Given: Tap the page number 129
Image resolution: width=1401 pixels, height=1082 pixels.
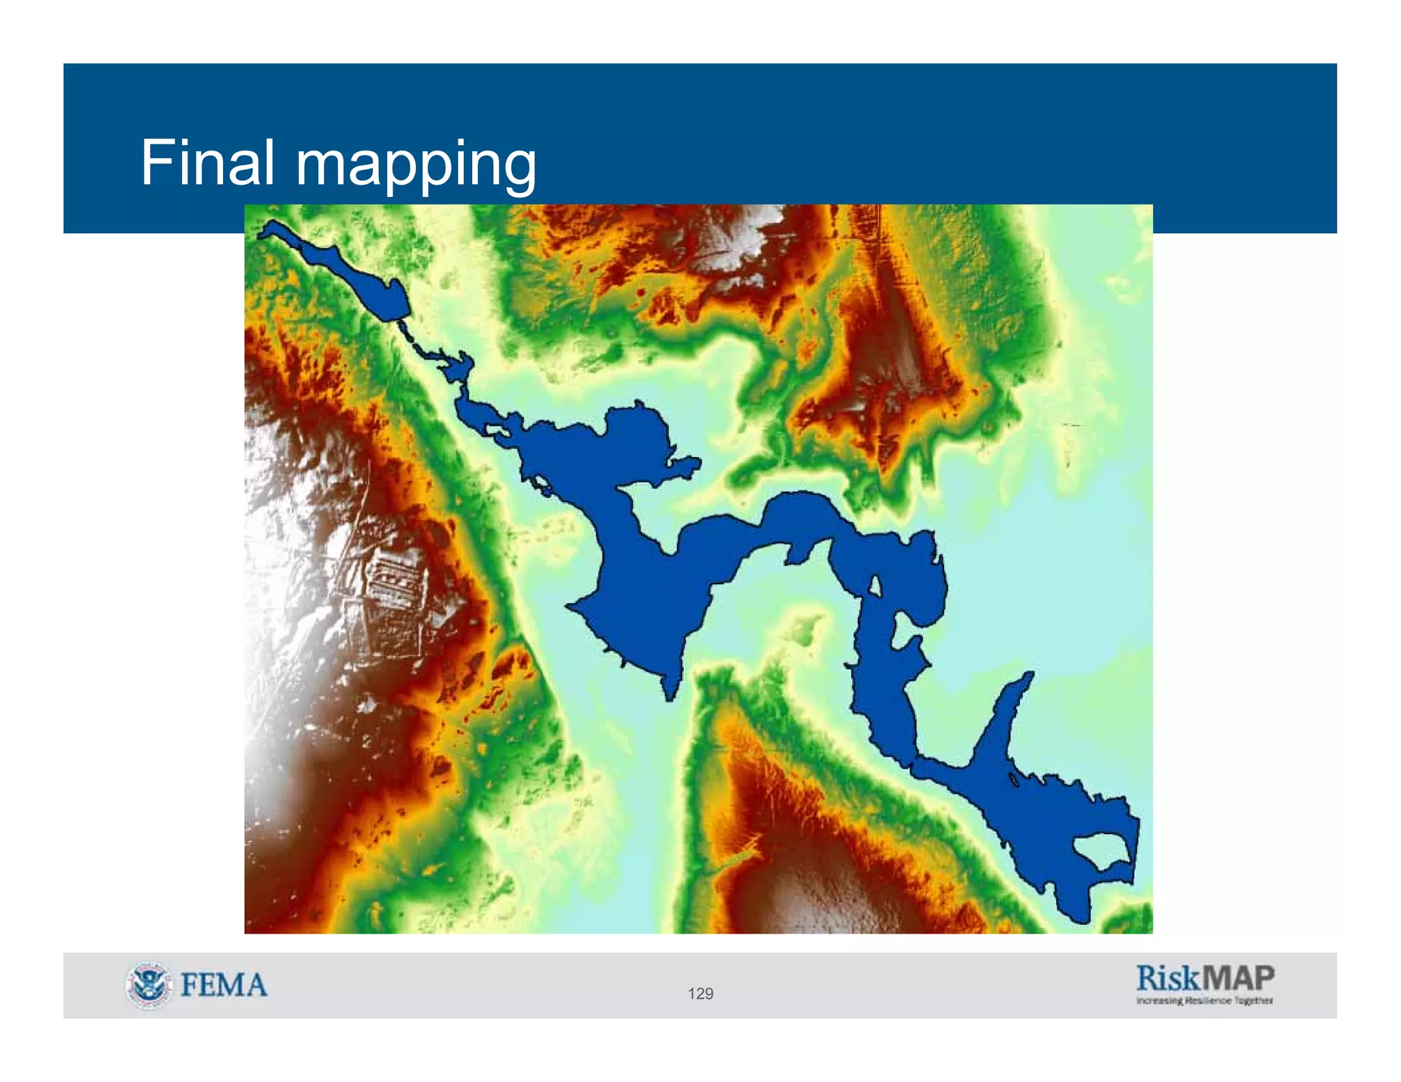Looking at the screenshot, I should (700, 994).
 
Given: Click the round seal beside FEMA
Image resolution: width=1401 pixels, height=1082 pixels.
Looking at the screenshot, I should (148, 985).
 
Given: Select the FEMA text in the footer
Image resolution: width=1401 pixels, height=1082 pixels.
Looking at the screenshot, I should (224, 986).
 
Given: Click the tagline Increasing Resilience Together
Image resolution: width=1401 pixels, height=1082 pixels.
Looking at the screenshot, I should (1204, 1001).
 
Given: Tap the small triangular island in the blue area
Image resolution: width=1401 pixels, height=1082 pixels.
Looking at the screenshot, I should (874, 585).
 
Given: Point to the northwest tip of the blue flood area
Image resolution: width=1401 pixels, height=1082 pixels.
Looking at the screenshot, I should (263, 233).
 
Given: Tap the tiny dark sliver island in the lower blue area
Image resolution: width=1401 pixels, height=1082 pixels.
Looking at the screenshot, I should (1012, 780).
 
